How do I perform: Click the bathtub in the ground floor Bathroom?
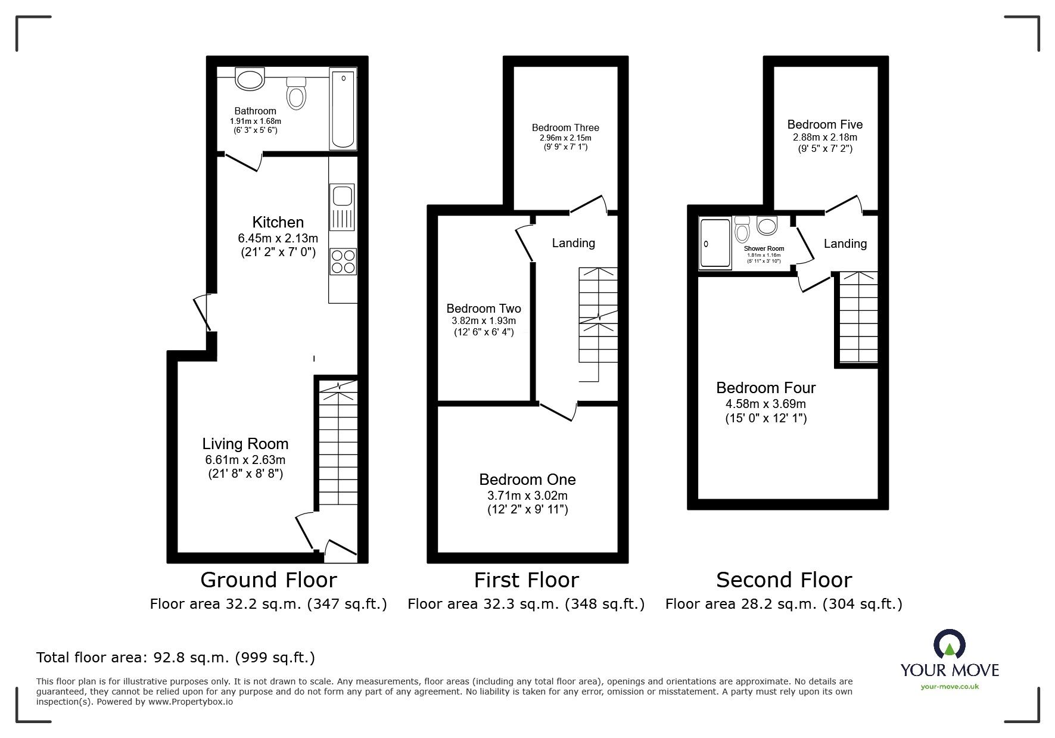[343, 108]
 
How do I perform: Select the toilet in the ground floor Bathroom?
[296, 93]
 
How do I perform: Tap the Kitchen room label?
[278, 222]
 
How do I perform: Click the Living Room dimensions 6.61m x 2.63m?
[245, 460]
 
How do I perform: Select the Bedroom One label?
[528, 479]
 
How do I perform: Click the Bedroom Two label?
[484, 309]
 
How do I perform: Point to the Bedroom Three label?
[565, 127]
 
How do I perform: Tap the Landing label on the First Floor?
[574, 243]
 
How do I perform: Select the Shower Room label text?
[764, 248]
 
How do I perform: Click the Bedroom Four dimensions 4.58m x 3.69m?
[766, 404]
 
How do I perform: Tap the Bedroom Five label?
[825, 124]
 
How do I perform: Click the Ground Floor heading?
[269, 580]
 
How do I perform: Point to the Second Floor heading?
[784, 580]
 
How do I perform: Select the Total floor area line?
[176, 658]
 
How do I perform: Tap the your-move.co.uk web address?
[950, 687]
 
